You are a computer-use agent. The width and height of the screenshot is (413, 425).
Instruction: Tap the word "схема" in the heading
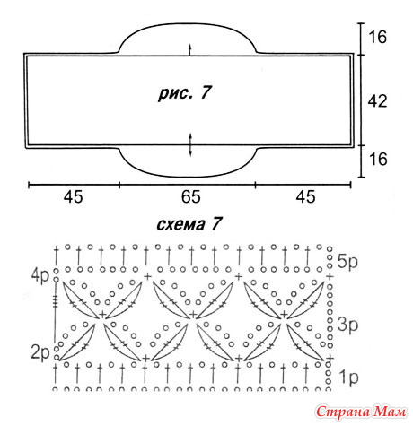180,224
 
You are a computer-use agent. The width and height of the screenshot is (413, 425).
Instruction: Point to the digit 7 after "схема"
216,223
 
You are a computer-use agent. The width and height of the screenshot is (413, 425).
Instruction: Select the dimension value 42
377,101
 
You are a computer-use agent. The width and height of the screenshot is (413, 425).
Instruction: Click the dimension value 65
190,197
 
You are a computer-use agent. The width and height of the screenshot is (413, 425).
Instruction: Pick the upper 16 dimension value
377,37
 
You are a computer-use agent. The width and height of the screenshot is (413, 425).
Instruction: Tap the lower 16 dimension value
378,159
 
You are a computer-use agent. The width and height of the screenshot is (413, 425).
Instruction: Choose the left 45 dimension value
73,197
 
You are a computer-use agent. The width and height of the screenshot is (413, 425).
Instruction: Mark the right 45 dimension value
305,197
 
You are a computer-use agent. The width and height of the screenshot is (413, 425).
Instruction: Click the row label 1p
348,377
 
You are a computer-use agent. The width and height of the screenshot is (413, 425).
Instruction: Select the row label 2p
40,352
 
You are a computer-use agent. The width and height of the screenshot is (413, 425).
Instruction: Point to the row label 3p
347,325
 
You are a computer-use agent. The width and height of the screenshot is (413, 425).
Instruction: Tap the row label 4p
40,276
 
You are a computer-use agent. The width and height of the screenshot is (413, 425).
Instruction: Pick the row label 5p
347,262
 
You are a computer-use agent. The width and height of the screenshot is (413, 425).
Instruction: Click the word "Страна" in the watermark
343,412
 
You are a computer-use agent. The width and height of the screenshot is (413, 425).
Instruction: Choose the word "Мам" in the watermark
390,412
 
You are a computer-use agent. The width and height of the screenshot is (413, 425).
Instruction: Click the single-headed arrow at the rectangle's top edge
189,50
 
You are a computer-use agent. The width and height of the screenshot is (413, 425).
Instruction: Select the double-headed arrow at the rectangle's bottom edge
190,145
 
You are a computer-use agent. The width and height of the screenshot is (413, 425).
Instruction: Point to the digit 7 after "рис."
206,93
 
